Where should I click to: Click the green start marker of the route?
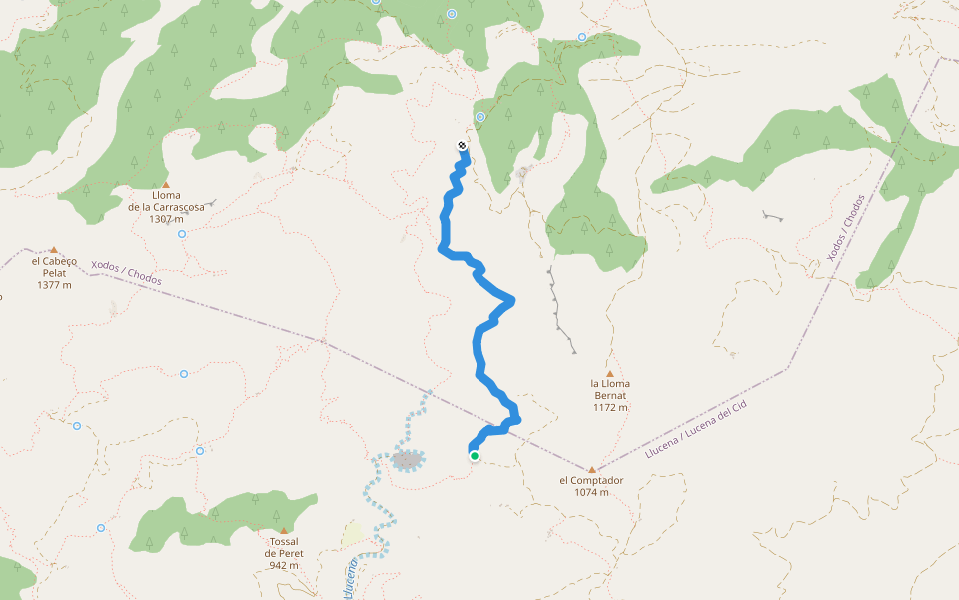click(x=475, y=456)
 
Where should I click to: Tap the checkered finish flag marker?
click(x=462, y=146)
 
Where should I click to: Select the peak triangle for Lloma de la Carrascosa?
click(x=165, y=184)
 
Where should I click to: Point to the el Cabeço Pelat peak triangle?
click(x=54, y=250)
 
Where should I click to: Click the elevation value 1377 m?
click(x=54, y=285)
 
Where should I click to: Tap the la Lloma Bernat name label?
click(x=610, y=389)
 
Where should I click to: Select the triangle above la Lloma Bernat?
click(x=610, y=373)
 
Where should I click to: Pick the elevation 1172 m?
click(x=610, y=407)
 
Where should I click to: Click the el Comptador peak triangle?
click(x=591, y=469)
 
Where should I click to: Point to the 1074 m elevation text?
click(x=591, y=492)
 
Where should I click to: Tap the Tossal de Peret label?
click(x=283, y=547)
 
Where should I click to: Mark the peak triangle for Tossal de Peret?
click(x=283, y=530)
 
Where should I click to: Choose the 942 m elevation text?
click(x=283, y=565)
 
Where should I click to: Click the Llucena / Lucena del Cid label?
click(x=696, y=427)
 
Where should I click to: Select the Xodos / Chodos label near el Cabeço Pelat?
click(x=126, y=273)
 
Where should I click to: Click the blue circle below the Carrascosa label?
click(x=182, y=234)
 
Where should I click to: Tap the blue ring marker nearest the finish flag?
click(x=480, y=117)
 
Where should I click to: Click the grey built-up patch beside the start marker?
click(x=407, y=460)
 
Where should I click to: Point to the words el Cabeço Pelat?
click(x=54, y=266)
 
